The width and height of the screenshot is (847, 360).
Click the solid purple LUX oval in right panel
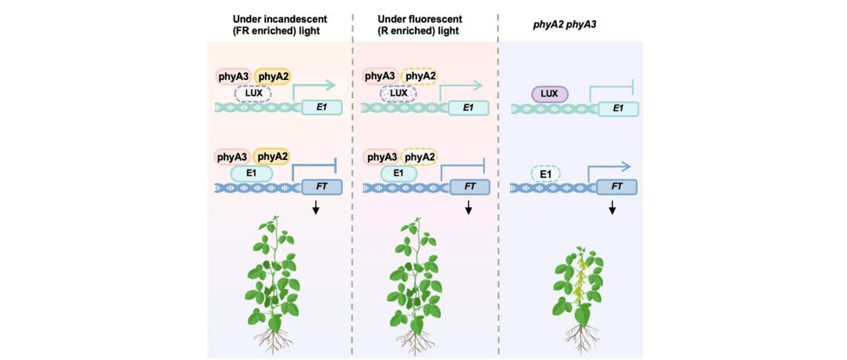click(549, 94)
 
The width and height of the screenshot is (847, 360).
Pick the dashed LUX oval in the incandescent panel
click(253, 93)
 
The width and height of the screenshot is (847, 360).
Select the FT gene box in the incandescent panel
click(322, 187)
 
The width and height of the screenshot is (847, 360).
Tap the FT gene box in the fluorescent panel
click(469, 187)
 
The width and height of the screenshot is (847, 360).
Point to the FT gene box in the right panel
click(616, 187)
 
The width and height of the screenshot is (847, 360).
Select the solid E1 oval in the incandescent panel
click(252, 173)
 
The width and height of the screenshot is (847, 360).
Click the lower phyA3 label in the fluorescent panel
click(381, 157)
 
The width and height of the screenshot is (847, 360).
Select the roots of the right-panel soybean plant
click(580, 337)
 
